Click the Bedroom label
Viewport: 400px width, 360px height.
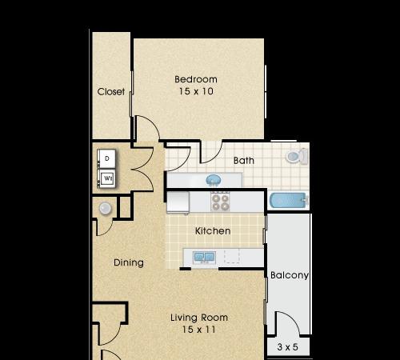pos(196,79)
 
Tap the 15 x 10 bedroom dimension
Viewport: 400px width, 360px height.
pos(196,91)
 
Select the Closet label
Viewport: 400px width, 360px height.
pos(111,92)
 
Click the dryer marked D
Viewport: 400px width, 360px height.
pos(106,158)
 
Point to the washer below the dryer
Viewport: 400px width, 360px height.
pos(106,178)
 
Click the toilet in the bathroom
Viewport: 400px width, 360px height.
pos(297,157)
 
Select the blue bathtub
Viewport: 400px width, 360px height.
pos(288,201)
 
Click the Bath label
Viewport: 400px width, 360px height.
pos(244,161)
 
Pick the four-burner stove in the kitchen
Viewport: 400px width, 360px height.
pos(220,202)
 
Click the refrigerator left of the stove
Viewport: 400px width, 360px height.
pos(178,202)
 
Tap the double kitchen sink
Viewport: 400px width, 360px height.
pos(205,258)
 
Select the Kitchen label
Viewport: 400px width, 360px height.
pos(213,231)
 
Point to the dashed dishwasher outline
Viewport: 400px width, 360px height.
pos(232,256)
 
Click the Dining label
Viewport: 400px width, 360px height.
pos(129,262)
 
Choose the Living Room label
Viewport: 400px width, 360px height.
pos(199,318)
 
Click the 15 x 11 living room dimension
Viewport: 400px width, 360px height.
pos(199,330)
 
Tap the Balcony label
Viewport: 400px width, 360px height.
pos(290,275)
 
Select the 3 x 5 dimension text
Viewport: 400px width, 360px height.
pos(287,347)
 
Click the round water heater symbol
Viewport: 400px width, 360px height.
pos(105,208)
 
